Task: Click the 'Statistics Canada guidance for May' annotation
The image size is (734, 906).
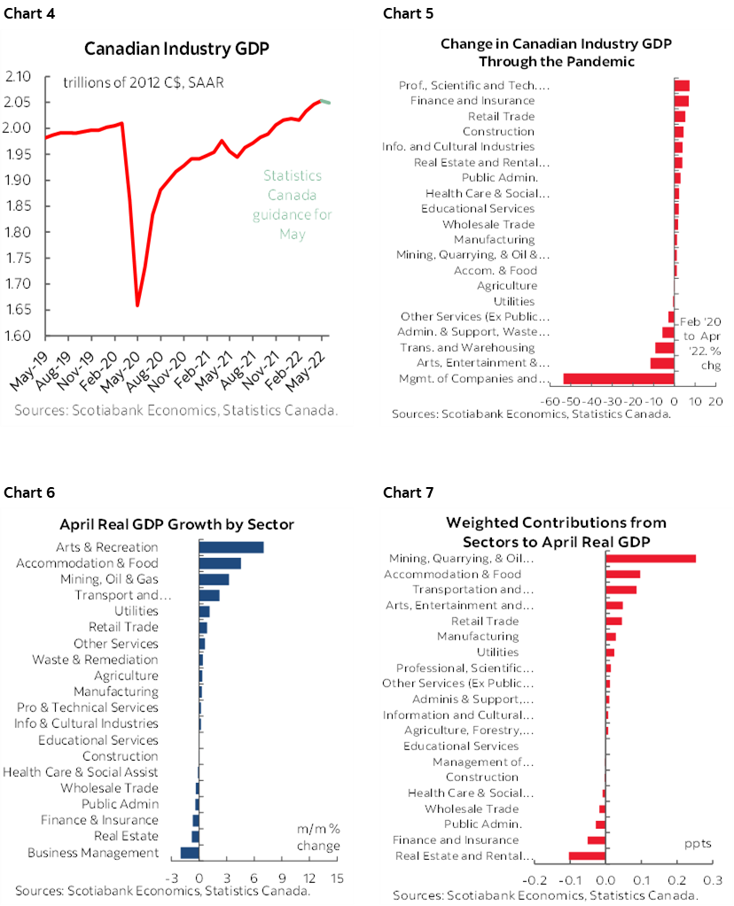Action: [293, 205]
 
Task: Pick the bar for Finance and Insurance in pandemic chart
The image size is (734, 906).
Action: [682, 101]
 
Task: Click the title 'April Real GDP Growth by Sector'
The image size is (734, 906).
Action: [176, 524]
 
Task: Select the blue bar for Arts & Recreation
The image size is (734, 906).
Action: [230, 547]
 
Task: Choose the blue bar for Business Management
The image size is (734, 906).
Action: [190, 853]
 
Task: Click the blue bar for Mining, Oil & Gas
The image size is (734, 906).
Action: [214, 579]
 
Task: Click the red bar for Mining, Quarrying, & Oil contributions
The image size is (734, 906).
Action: [650, 559]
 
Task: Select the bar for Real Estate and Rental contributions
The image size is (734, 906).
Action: [587, 856]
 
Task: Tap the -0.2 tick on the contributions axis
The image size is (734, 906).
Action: [535, 881]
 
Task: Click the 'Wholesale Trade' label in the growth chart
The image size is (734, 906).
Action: [110, 788]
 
